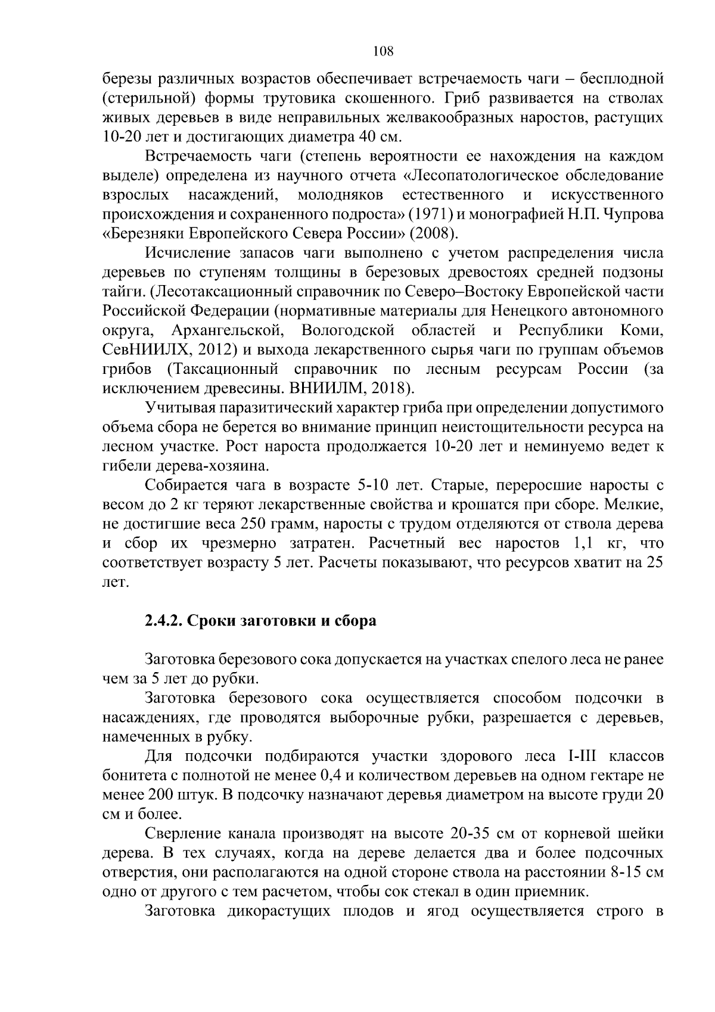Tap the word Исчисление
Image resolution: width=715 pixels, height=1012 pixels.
(x=186, y=253)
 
